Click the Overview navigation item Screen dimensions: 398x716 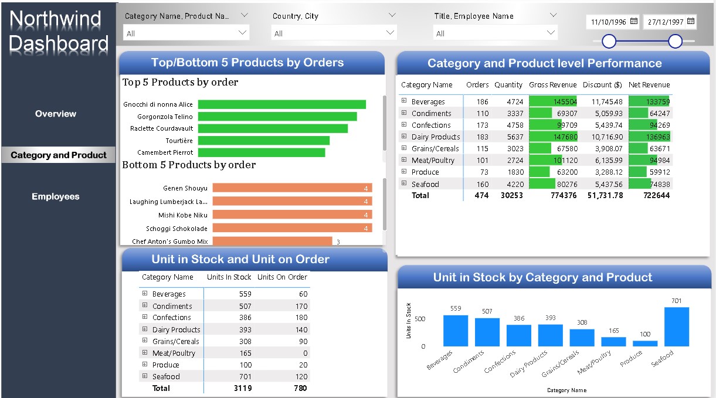(56, 114)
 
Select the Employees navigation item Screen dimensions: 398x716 (56, 197)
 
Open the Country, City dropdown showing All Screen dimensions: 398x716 (334, 33)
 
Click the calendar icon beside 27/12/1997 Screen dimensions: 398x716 (690, 22)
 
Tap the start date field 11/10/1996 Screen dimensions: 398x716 (609, 22)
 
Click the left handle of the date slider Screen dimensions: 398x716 (609, 41)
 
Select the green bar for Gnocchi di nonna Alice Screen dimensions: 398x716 (281, 104)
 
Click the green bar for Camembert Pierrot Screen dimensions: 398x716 (261, 152)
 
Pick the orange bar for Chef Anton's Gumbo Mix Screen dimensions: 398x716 (272, 241)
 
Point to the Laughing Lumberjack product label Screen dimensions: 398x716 (168, 202)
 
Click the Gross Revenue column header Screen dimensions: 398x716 (552, 85)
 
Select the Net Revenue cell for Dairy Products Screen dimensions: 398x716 (649, 137)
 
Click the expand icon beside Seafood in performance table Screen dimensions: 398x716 (404, 183)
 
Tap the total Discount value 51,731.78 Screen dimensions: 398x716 (605, 195)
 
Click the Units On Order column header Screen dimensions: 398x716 (282, 277)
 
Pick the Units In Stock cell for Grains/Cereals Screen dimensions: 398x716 (245, 341)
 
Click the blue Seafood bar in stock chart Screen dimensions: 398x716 (676, 326)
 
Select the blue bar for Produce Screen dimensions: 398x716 (645, 343)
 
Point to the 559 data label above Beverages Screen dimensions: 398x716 (455, 308)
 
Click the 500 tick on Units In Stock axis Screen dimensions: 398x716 (419, 319)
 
